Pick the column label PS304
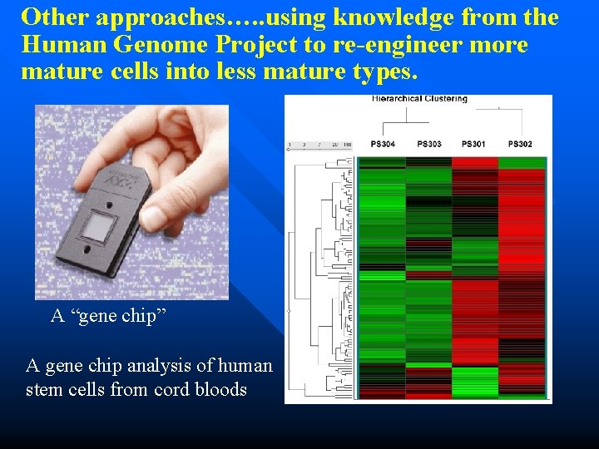click(x=383, y=145)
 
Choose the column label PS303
click(x=429, y=145)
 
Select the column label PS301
click(x=474, y=145)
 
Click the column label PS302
click(x=520, y=145)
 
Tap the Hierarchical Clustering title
click(x=419, y=99)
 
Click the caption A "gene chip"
click(x=103, y=316)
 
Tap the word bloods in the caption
click(x=220, y=389)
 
